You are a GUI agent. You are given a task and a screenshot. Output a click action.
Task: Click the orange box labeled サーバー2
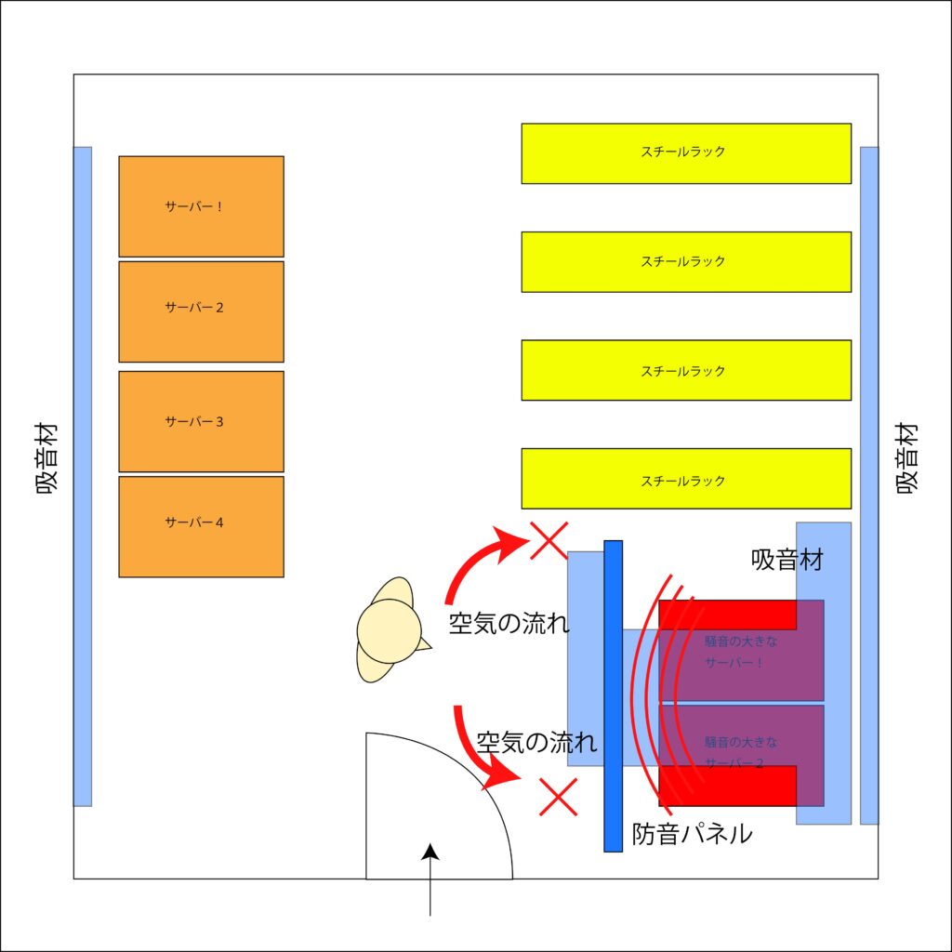tap(201, 311)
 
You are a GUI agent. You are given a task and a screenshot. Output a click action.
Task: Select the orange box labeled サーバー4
tap(201, 526)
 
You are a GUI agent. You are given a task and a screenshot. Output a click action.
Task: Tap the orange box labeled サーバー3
tap(201, 421)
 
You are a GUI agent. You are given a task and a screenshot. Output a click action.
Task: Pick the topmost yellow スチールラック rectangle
tap(686, 153)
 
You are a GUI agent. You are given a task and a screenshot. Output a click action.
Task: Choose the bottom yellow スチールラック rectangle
tap(686, 479)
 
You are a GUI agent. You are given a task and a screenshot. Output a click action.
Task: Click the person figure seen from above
tap(390, 630)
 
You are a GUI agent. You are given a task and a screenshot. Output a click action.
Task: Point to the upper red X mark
tap(549, 540)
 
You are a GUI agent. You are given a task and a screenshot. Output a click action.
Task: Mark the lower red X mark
tap(560, 797)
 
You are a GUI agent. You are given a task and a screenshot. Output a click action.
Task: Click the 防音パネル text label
tap(692, 834)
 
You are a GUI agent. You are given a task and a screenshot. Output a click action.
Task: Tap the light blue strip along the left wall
tap(83, 476)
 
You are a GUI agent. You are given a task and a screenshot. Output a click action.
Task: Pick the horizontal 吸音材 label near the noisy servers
tap(787, 560)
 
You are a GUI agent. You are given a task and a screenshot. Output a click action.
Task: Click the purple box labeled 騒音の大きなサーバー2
tap(741, 754)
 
